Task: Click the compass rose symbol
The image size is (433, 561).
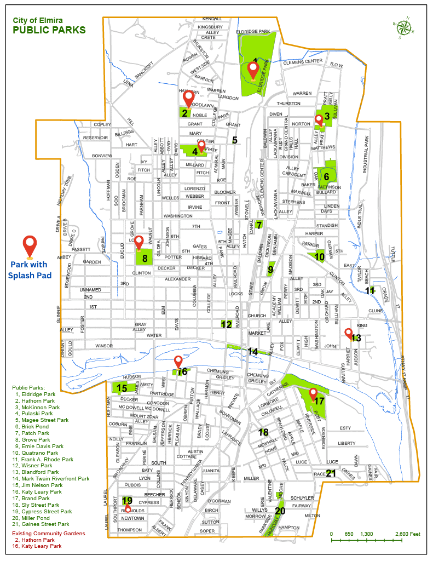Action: click(x=403, y=28)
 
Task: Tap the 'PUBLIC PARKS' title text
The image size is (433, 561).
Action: click(x=49, y=30)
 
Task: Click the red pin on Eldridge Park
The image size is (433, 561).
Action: click(x=253, y=70)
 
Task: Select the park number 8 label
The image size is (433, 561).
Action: click(x=145, y=258)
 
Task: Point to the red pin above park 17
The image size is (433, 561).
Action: click(x=313, y=393)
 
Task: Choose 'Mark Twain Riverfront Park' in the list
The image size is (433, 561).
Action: click(x=53, y=478)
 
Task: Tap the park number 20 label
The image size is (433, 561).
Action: click(x=280, y=511)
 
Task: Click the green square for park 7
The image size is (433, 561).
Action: click(x=259, y=224)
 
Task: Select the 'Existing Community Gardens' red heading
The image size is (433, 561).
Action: click(x=49, y=533)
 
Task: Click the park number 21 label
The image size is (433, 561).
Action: click(x=331, y=473)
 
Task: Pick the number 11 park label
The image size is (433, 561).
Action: click(x=371, y=290)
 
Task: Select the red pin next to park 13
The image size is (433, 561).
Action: click(x=348, y=332)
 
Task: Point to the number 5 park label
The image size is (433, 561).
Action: click(x=234, y=140)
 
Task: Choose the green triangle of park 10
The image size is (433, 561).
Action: click(x=317, y=256)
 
